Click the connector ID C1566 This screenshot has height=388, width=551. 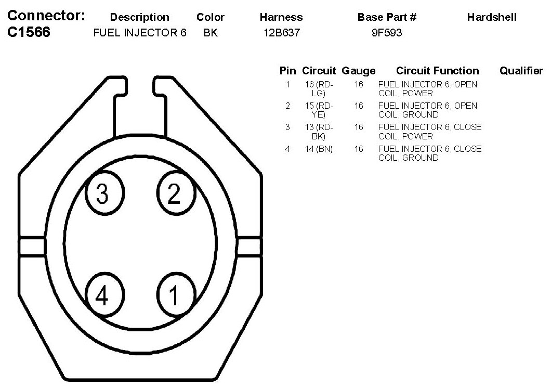point(29,32)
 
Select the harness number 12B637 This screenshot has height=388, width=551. point(281,33)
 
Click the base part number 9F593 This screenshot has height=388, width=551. point(387,33)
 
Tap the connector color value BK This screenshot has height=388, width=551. point(211,33)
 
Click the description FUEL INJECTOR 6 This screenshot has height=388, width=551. point(140,33)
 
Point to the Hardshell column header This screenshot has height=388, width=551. point(492,17)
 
